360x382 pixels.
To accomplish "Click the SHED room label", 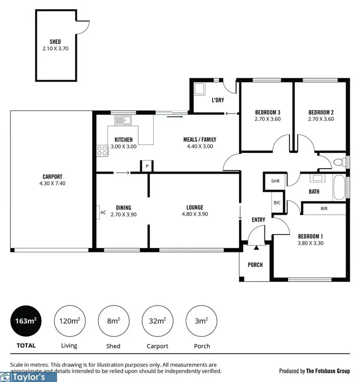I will coord(55,42).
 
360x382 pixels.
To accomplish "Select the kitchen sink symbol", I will coord(123,120).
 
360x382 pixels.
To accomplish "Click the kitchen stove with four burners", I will coord(102,150).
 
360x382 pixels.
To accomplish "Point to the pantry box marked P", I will coord(147,166).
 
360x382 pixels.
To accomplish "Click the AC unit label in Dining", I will coord(103,212).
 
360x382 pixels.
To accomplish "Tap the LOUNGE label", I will coord(194,208).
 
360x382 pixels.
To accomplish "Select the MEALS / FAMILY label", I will coord(198,140).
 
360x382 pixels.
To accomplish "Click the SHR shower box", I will coord(275,181).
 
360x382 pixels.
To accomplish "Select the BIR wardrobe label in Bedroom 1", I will coord(324,209).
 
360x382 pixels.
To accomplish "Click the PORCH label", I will coord(255,265).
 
